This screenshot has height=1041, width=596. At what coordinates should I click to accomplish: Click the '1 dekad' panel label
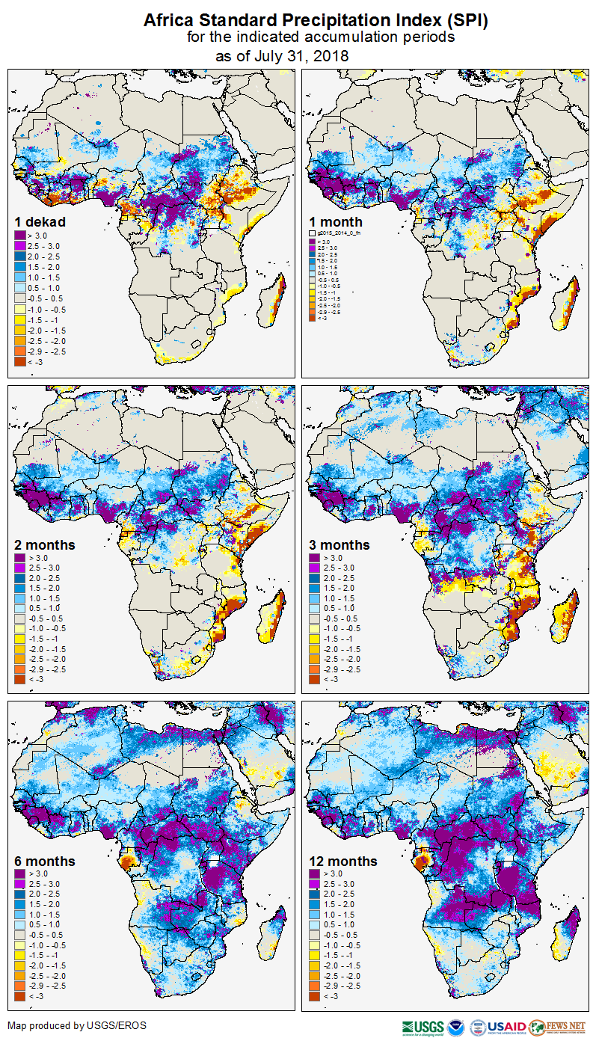(40, 221)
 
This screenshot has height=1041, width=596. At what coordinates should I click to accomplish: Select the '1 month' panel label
(336, 221)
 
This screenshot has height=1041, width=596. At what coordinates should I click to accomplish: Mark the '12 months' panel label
(343, 862)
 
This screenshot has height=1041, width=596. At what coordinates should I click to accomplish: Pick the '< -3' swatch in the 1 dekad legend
(19, 361)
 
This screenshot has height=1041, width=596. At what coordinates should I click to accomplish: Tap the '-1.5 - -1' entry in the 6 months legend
(47, 955)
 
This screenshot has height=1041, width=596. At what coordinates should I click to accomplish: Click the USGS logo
(423, 1027)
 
